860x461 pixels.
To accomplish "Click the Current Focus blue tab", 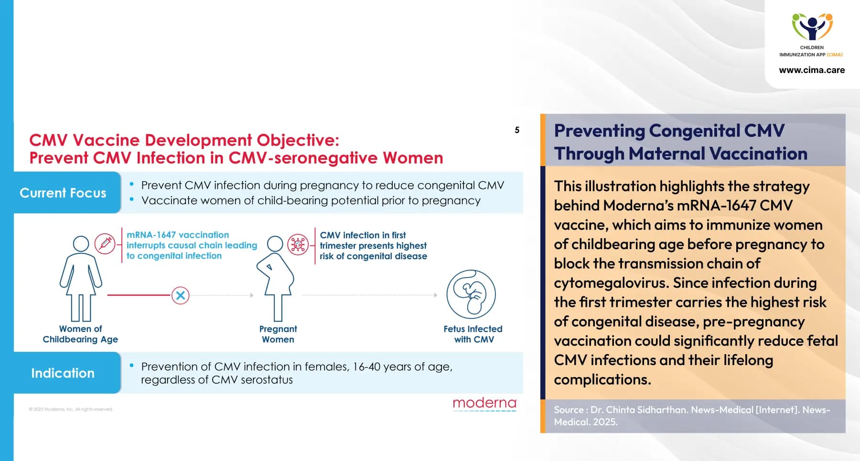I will [63, 193].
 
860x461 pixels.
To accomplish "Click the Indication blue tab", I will [63, 373].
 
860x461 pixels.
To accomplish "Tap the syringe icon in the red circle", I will [105, 244].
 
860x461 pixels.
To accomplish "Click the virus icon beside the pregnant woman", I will [298, 245].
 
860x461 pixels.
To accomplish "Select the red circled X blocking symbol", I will [180, 295].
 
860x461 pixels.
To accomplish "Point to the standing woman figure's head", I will [81, 244].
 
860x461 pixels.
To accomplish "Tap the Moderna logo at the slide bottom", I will [484, 404].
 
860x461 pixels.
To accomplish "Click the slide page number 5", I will [517, 130].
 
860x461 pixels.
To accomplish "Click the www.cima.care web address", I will [812, 70].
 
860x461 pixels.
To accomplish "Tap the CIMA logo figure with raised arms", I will [812, 27].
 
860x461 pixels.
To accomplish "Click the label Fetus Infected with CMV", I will [473, 334].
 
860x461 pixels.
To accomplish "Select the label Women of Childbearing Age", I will [80, 334].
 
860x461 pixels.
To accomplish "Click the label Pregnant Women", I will [278, 334].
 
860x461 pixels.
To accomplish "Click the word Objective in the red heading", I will [298, 140].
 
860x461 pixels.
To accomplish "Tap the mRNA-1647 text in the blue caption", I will [151, 235].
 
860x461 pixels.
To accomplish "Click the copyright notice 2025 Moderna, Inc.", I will [71, 409].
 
